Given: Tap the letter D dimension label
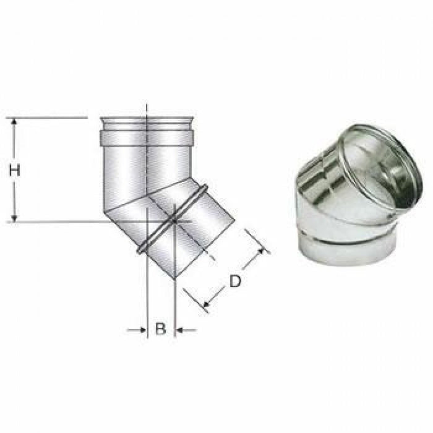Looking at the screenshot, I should pos(235,281).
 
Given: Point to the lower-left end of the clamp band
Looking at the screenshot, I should pos(141,251).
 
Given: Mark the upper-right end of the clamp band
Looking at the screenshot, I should pos(202,186).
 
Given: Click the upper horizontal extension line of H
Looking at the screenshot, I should pos(49,117).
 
